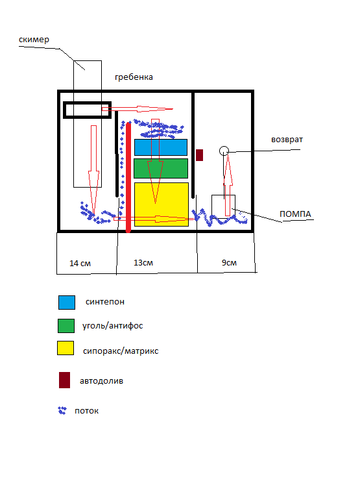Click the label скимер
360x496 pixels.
pos(34,40)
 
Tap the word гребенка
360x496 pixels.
pos(134,77)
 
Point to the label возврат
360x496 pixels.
pos(287,140)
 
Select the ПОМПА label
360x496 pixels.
pos(295,214)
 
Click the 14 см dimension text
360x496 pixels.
pos(80,263)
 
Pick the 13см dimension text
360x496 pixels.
pos(143,262)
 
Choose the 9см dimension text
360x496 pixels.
pos(229,262)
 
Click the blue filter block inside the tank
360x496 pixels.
pos(161,147)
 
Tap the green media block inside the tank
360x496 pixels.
pos(161,168)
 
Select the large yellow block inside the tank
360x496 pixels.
pos(162,205)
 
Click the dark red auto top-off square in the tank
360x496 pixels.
pos(199,155)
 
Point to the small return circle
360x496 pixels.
pos(224,151)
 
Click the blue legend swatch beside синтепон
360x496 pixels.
pos(67,303)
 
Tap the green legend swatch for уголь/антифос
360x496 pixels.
pos(66,326)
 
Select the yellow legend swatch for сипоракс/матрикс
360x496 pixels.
pos(66,348)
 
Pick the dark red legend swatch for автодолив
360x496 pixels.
pos(64,380)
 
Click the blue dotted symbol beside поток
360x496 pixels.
pos(62,410)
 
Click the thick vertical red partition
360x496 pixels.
pos(128,177)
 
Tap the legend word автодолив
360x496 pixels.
pos(101,381)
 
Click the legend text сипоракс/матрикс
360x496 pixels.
pos(121,351)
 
